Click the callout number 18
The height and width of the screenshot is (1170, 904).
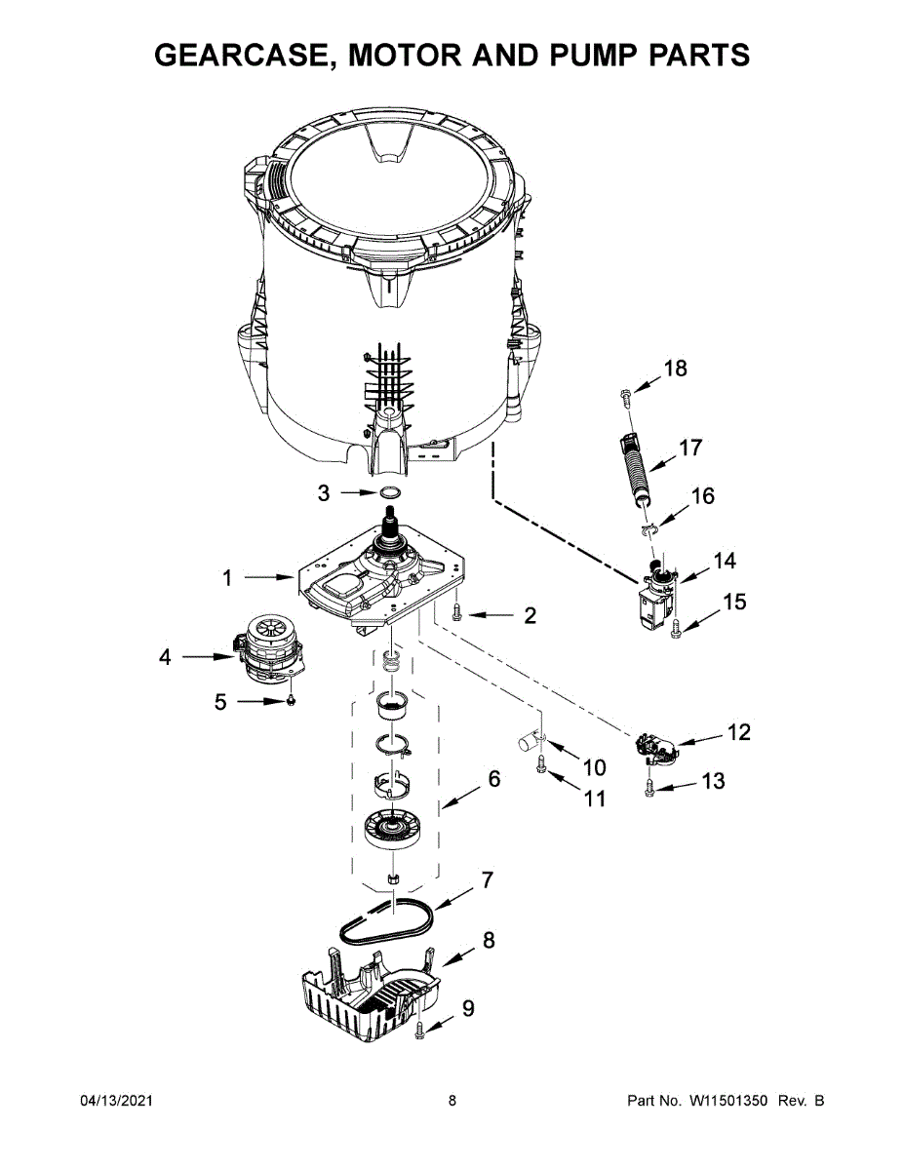click(x=675, y=369)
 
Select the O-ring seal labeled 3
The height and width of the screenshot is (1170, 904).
click(x=390, y=492)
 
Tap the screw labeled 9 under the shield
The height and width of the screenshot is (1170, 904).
click(x=419, y=1030)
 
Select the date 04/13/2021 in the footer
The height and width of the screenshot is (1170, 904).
click(x=116, y=1101)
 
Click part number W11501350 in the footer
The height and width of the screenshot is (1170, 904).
click(x=727, y=1101)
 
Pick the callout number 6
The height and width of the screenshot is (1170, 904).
click(x=494, y=779)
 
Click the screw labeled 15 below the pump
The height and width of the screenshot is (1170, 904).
click(x=676, y=629)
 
